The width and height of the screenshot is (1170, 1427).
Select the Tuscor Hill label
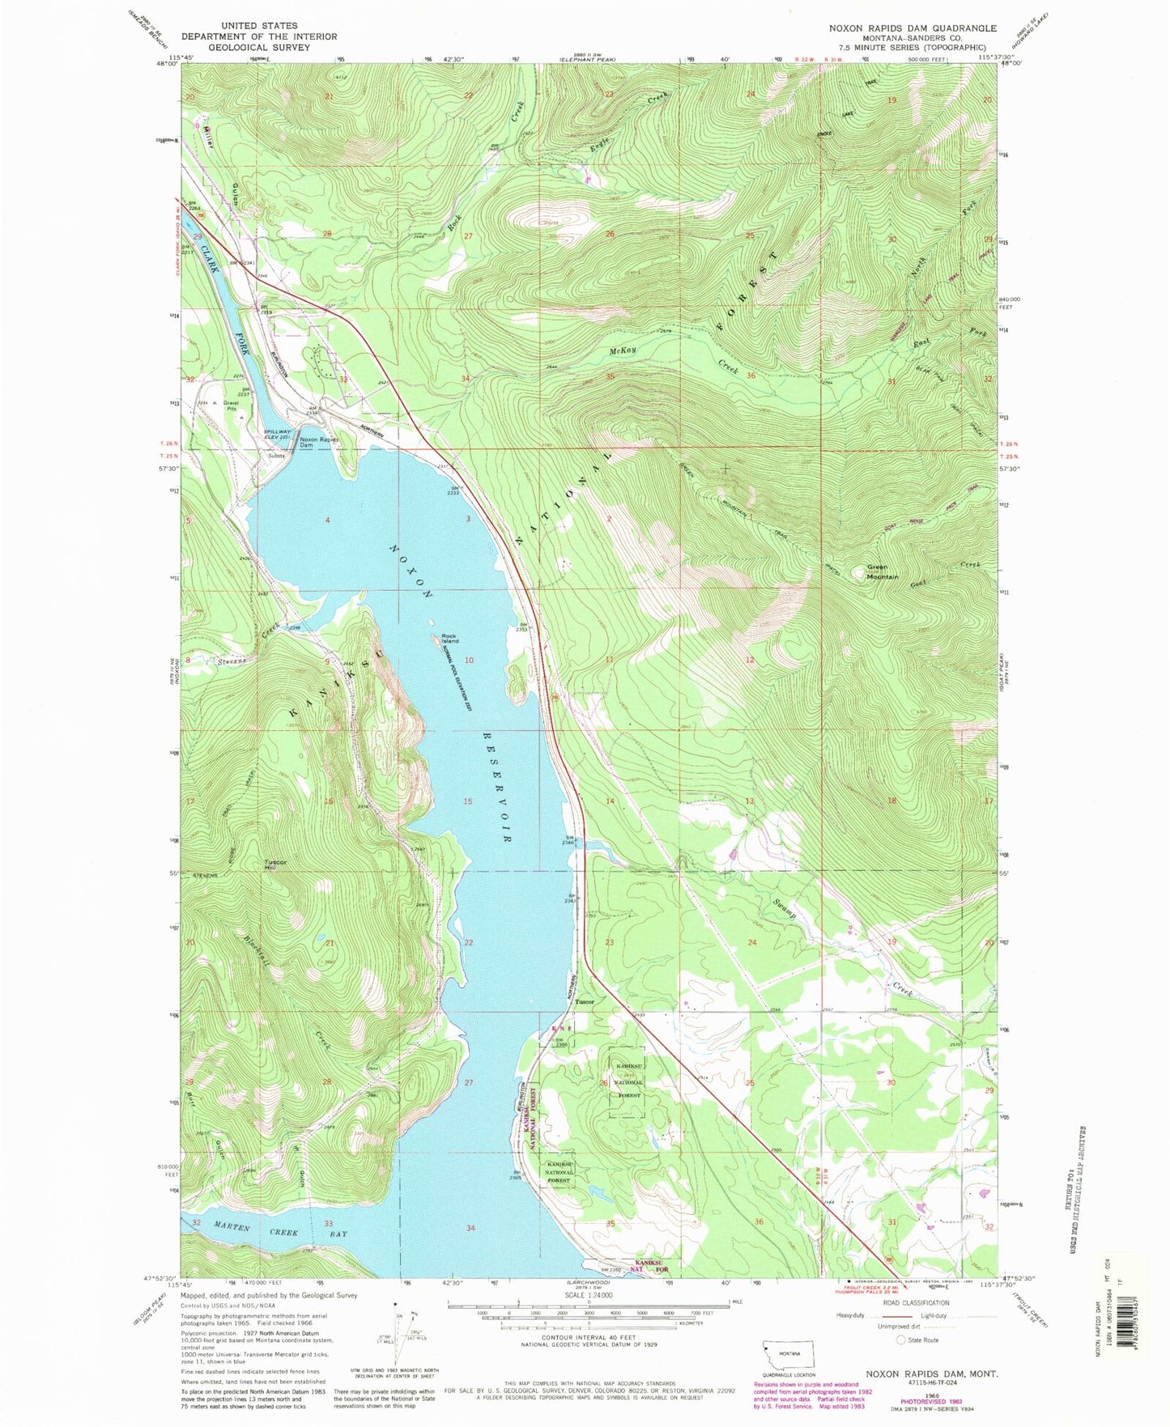tap(275, 864)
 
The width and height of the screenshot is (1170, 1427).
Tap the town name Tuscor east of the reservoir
tap(584, 1001)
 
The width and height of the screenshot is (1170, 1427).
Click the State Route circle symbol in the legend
tap(900, 1340)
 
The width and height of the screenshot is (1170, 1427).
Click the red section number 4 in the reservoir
tap(328, 520)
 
